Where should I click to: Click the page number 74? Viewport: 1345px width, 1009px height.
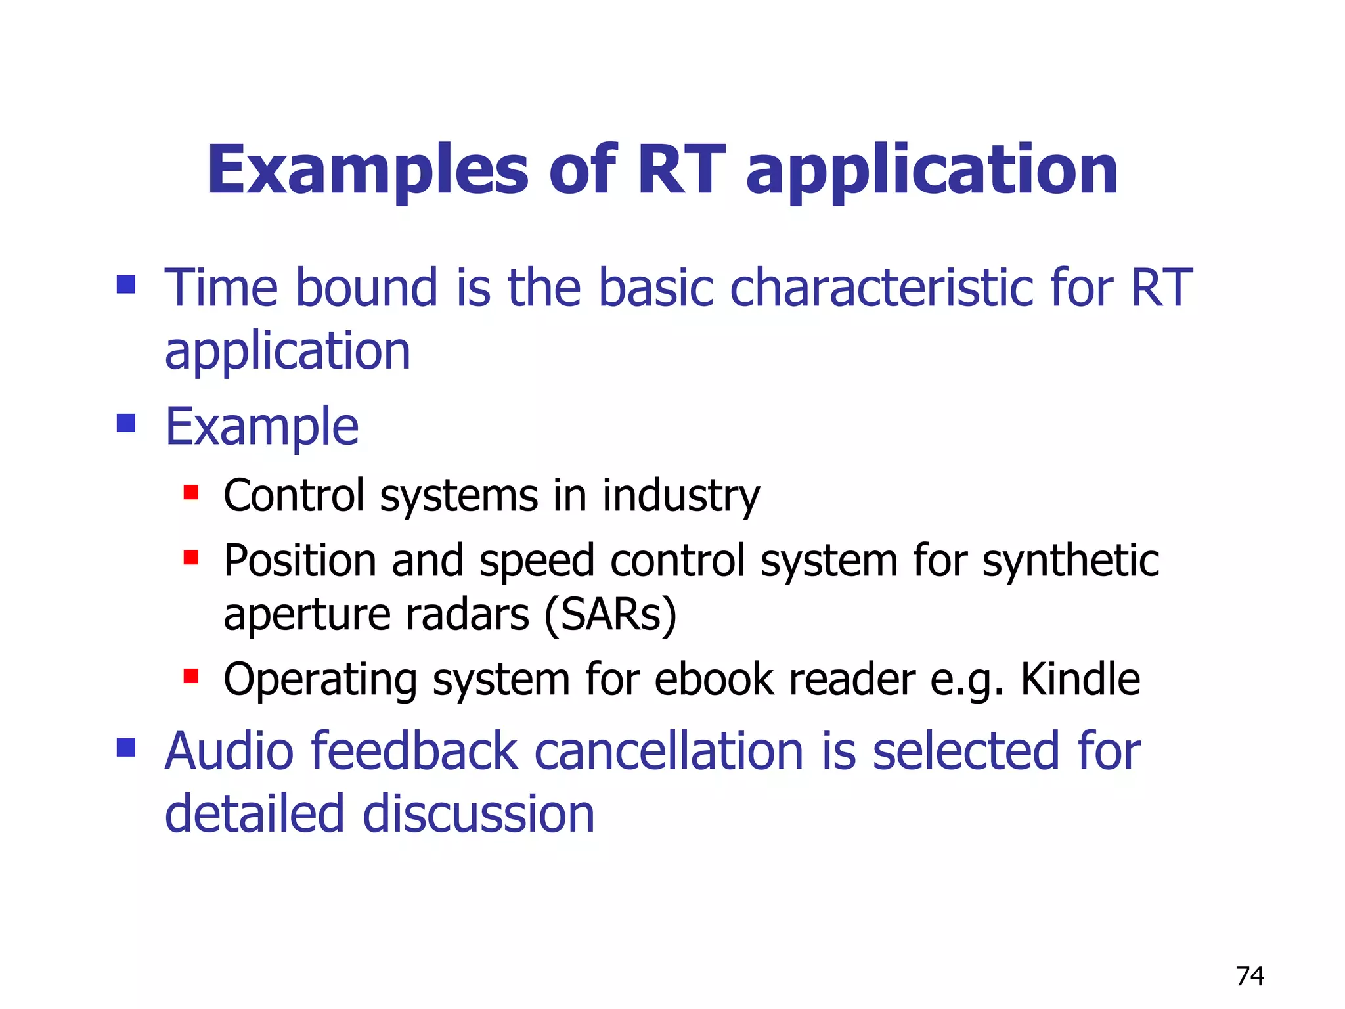pos(1250,976)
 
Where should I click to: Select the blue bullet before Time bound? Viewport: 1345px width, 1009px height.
pos(125,284)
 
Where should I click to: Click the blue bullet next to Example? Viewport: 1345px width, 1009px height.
pos(125,423)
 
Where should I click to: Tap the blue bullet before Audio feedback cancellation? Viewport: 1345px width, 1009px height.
pos(125,748)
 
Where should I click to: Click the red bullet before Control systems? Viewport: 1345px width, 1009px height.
pos(191,493)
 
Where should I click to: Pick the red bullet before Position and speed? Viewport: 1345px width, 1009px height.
pos(191,558)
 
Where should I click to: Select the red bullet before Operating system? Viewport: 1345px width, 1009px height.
pos(191,676)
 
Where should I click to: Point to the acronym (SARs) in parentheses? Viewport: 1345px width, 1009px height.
pos(610,615)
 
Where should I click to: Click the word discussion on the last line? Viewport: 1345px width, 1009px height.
pos(479,814)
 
